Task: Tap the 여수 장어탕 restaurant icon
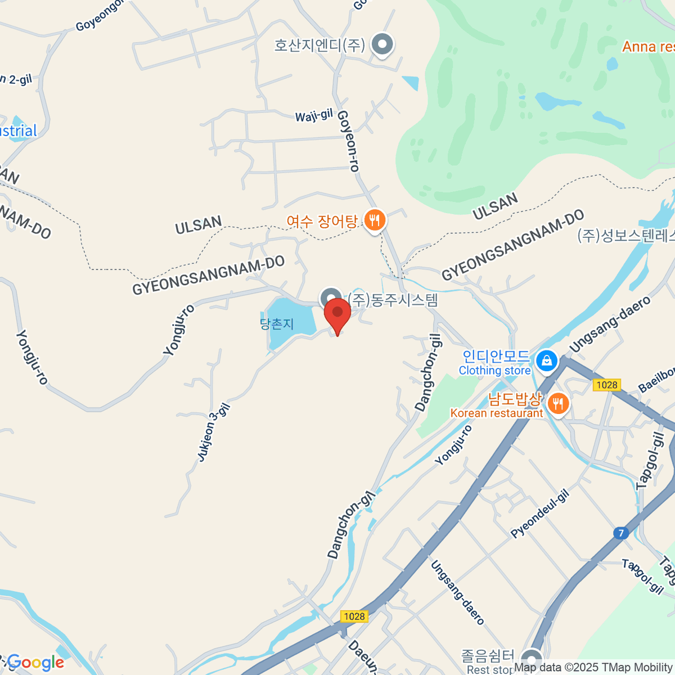click(375, 220)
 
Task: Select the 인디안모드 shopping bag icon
click(546, 361)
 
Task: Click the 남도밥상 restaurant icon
click(557, 403)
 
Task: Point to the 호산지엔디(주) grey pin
click(383, 44)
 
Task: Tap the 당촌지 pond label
click(277, 324)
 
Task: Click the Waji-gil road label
click(314, 116)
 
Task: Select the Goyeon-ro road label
click(348, 141)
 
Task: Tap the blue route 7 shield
click(620, 533)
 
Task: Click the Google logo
click(35, 663)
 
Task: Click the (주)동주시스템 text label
click(393, 300)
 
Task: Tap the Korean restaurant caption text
click(496, 413)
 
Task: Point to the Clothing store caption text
click(494, 371)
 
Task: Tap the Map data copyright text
click(594, 668)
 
